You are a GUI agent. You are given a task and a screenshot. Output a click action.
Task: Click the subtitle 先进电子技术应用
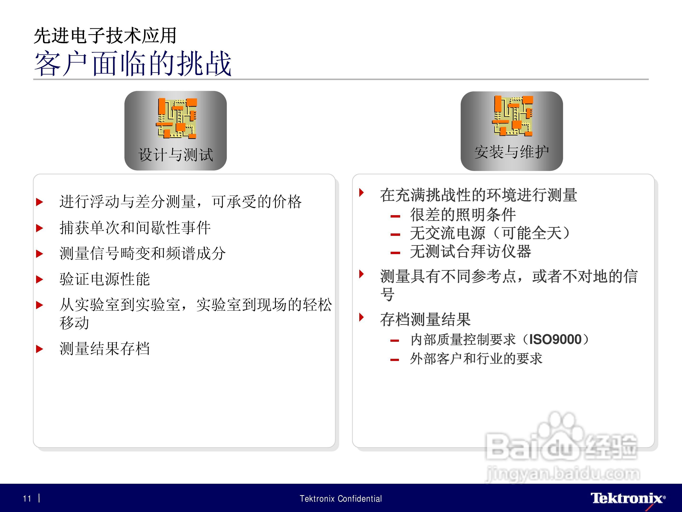105,36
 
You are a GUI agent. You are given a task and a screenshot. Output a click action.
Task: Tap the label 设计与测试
175,154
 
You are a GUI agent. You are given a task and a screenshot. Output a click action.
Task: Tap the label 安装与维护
511,152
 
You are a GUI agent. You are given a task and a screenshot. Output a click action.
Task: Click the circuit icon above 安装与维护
513,116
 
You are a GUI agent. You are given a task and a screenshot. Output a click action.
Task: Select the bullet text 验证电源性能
104,279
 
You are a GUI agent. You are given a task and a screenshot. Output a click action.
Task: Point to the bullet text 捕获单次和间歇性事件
135,228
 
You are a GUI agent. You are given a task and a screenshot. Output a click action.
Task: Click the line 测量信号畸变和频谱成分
142,253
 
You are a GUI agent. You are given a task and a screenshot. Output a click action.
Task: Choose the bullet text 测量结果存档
104,349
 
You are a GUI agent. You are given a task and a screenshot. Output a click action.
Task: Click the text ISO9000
555,339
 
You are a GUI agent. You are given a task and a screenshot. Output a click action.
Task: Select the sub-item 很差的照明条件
463,214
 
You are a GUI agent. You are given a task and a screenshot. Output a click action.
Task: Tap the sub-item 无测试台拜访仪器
470,251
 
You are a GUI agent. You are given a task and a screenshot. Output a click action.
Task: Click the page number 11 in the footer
27,498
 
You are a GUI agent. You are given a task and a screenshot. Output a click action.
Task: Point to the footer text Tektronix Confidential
341,498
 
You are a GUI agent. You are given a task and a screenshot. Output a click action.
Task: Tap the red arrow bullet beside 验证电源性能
39,279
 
